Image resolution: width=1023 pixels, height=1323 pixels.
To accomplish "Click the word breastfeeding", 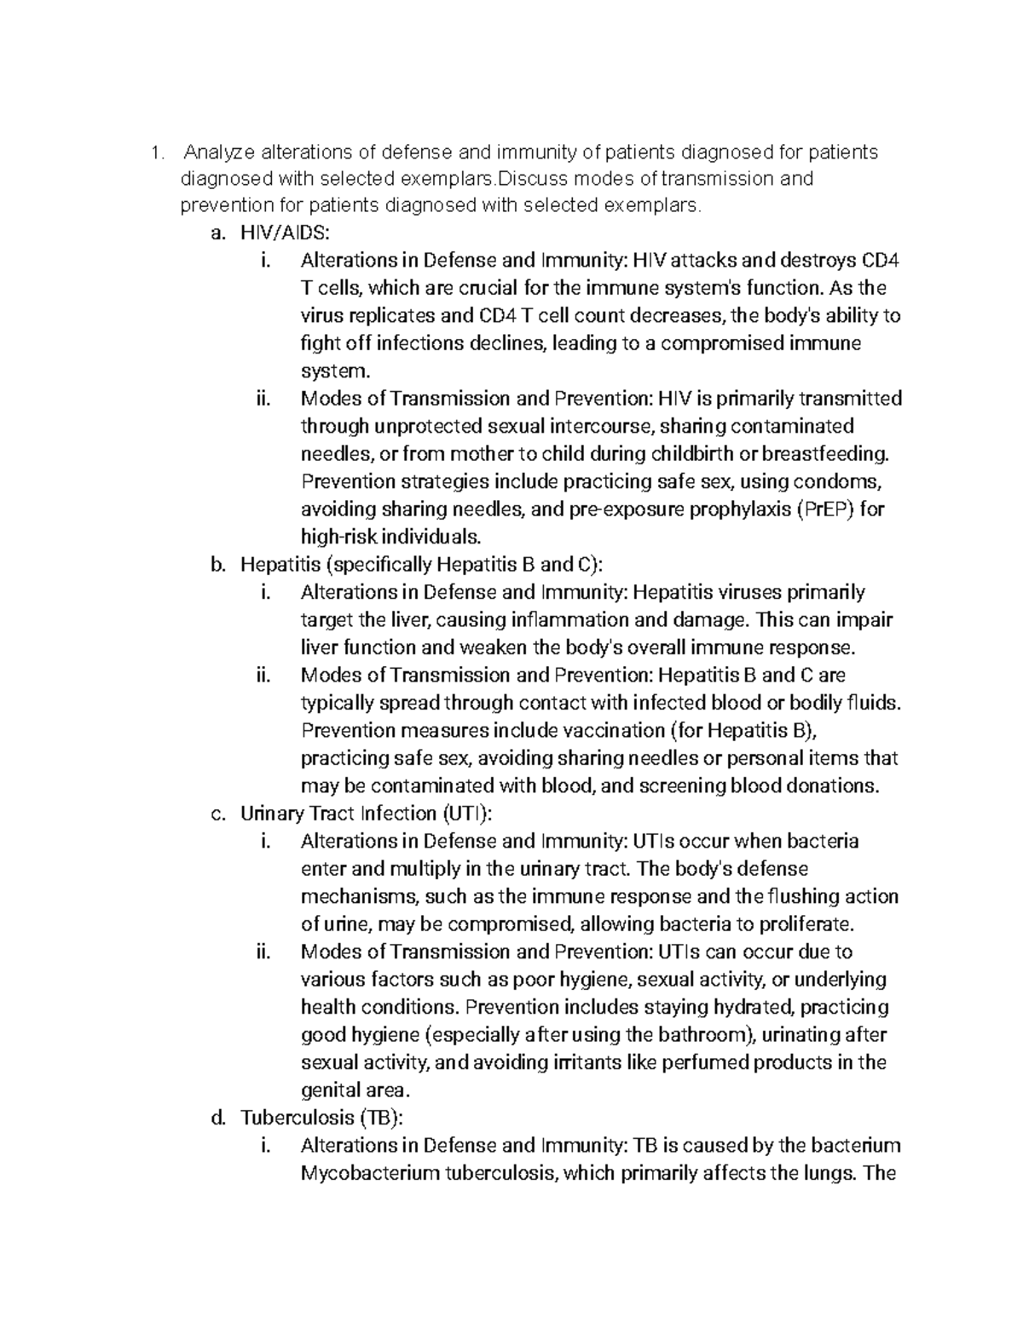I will [826, 453].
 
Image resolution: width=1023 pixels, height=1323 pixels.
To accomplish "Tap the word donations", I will [834, 785].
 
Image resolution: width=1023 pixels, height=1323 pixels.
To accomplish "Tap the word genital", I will [329, 1090].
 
